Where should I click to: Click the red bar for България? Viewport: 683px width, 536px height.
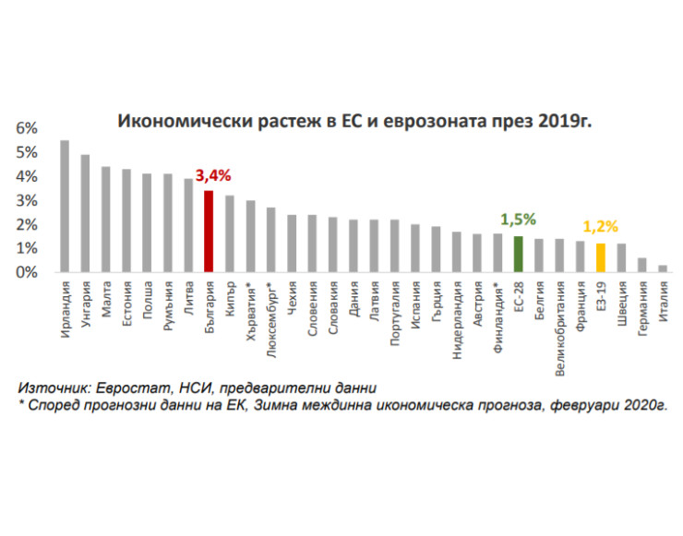[x=209, y=232]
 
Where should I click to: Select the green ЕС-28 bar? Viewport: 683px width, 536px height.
[x=518, y=255]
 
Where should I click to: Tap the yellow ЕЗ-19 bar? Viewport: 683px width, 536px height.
[x=600, y=258]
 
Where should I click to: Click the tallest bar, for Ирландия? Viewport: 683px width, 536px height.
[x=65, y=207]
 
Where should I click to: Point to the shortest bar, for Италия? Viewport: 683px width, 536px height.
[x=662, y=269]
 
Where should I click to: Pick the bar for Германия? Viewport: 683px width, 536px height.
[x=641, y=266]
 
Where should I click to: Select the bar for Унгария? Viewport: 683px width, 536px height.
[x=85, y=214]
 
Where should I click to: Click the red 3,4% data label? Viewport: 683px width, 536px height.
[x=212, y=175]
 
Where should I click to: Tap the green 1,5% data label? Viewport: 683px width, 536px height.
[x=518, y=220]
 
